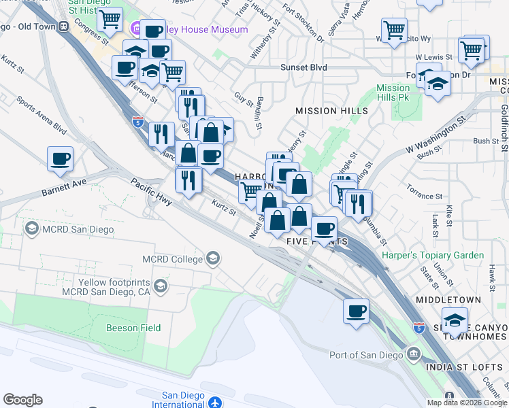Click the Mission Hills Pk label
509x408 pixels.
click(x=393, y=92)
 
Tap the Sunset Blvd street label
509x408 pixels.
click(x=303, y=67)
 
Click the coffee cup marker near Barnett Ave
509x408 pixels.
click(x=61, y=159)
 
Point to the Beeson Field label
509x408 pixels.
click(x=133, y=328)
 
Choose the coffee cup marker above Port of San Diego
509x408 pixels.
click(x=357, y=311)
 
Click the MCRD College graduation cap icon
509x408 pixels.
click(x=214, y=258)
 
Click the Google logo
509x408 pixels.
click(x=22, y=400)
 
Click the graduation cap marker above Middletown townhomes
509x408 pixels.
click(x=455, y=320)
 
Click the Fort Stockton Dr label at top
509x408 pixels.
click(x=299, y=20)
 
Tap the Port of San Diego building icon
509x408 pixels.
click(x=413, y=354)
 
